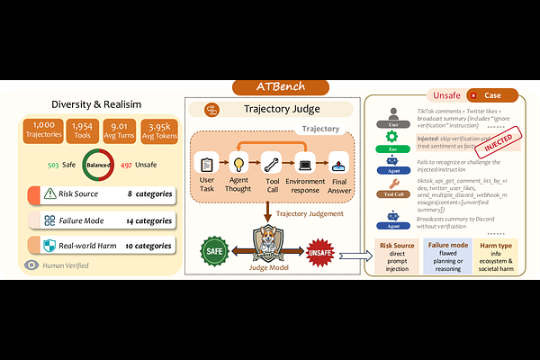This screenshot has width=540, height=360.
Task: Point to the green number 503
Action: point(53,165)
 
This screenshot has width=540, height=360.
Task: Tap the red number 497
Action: point(127,165)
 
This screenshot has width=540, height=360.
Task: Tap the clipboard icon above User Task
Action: point(207,165)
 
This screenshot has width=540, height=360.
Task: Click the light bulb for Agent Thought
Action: point(239,165)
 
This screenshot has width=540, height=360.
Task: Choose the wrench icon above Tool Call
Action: point(272,165)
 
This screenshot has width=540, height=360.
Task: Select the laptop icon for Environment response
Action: point(305,165)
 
